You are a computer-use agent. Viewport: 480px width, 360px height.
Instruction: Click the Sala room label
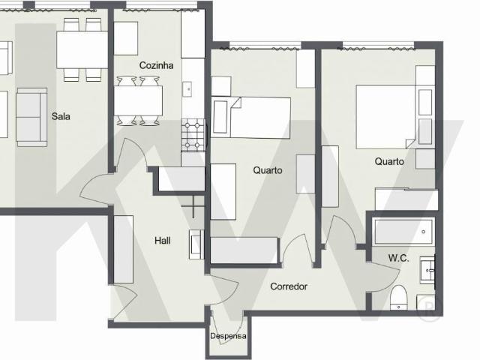point(61,116)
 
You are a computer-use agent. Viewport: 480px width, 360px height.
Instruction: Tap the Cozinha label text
point(156,65)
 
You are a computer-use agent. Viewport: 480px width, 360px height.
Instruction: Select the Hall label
point(162,241)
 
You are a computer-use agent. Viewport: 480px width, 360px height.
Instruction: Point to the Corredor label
point(289,286)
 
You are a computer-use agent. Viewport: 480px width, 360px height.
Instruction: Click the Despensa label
point(228,336)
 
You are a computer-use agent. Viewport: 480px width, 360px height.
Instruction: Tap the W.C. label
point(398,258)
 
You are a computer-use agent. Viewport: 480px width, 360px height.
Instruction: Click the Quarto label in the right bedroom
point(389,161)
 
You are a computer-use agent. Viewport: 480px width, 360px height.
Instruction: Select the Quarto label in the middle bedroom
point(268,170)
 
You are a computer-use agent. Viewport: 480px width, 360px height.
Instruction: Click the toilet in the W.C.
point(398,297)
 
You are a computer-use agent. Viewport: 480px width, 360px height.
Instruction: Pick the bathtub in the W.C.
point(403,231)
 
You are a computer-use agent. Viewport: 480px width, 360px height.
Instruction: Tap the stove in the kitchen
point(193,135)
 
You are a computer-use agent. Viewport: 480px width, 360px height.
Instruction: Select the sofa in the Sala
point(31,115)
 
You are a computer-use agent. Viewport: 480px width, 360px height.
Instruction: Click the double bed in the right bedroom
point(385,116)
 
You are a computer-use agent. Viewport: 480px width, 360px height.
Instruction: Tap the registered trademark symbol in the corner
point(428,310)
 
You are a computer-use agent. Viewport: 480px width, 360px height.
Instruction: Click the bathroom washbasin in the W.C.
point(428,270)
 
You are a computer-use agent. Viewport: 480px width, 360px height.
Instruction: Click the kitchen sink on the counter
point(188,88)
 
